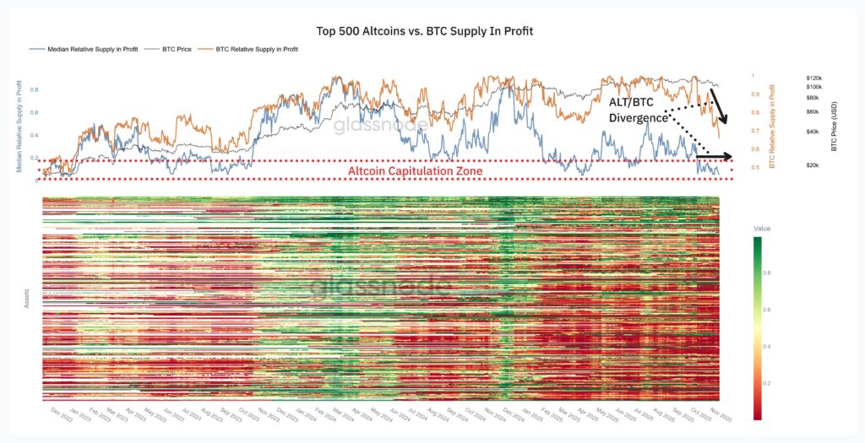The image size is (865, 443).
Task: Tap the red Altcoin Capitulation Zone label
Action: pyautogui.click(x=415, y=171)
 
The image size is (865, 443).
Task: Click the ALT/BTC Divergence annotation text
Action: pyautogui.click(x=638, y=110)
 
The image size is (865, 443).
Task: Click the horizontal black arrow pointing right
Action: pyautogui.click(x=714, y=156)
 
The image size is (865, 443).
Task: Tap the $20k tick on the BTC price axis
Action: pyautogui.click(x=815, y=165)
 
